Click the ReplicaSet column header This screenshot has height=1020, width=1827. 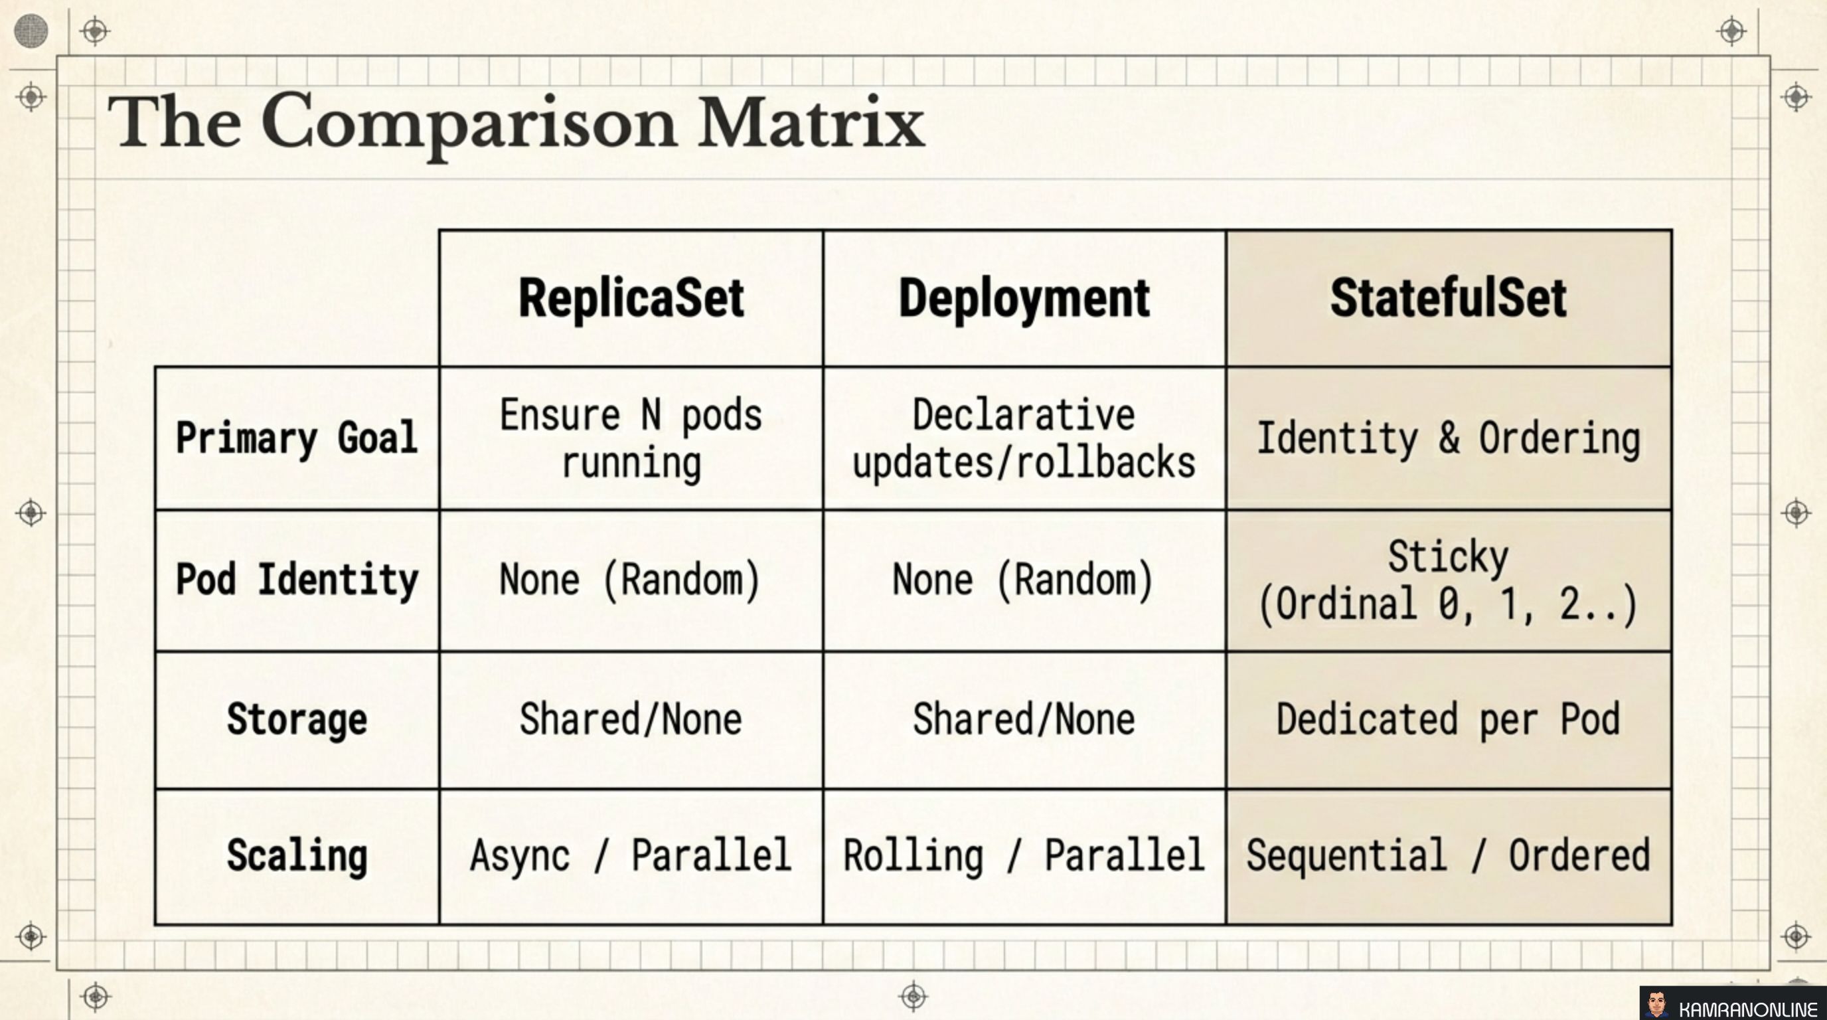tap(631, 298)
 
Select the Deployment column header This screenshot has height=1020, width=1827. tap(1024, 298)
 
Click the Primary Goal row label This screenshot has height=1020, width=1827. tap(297, 438)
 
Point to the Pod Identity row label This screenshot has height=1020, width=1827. tap(297, 580)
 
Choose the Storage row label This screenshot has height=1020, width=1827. tap(297, 719)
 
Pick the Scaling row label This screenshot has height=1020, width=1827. tap(297, 855)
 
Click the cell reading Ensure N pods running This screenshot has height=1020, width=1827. tap(631, 438)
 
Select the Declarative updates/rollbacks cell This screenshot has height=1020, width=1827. tap(1024, 438)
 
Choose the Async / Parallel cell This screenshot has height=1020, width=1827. tap(631, 855)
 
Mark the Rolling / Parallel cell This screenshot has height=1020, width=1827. tap(1024, 855)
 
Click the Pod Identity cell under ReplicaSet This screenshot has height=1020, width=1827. tap(631, 580)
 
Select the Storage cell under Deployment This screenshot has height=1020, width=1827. tap(1024, 719)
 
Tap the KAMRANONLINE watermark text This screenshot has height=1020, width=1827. tap(1748, 1008)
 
